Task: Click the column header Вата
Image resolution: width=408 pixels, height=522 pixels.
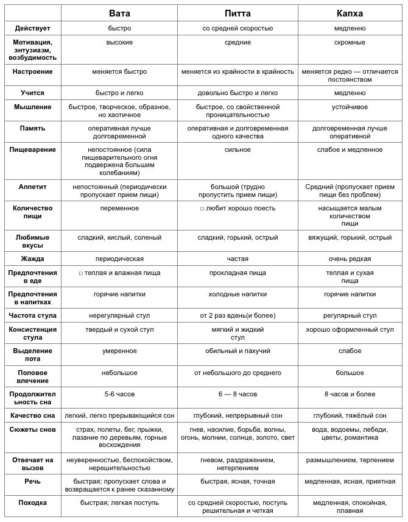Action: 119,13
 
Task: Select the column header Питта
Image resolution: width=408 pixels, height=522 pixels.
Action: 237,13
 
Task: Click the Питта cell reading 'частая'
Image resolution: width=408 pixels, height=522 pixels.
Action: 237,259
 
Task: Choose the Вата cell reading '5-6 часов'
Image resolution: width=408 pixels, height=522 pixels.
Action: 119,394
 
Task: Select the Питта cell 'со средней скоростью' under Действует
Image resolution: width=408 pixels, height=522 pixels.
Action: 237,28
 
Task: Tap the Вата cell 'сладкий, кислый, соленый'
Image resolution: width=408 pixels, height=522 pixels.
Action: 119,237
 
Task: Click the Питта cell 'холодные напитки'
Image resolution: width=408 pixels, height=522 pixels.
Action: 237,294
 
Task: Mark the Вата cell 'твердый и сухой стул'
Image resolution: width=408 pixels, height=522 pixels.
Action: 119,329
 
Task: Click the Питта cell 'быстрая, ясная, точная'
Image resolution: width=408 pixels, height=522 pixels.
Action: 237,481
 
